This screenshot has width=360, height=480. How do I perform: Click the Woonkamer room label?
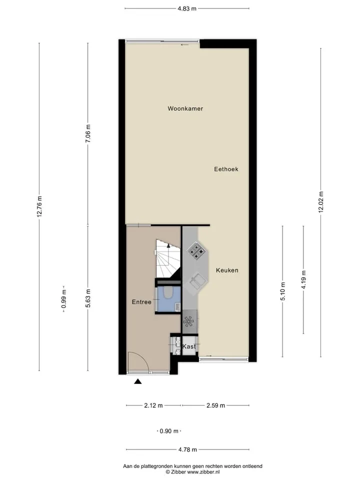[x=185, y=108]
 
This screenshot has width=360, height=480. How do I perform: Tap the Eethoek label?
[x=226, y=169]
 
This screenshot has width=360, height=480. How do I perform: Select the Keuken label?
[x=227, y=270]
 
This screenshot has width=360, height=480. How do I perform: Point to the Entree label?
[x=141, y=302]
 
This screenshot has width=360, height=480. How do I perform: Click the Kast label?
[x=189, y=346]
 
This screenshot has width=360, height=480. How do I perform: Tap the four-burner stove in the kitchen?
[x=196, y=250]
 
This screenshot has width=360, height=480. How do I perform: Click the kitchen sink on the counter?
[x=196, y=281]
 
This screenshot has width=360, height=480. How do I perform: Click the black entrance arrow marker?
[x=138, y=381]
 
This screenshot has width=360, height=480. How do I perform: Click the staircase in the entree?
[x=167, y=258]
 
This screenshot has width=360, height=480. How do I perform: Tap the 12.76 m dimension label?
[x=39, y=206]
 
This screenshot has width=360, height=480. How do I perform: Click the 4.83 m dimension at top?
[x=187, y=8]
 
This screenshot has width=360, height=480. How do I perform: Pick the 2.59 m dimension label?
[x=215, y=405]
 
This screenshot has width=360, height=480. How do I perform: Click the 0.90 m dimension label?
[x=169, y=431]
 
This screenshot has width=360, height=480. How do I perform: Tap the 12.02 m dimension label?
[x=321, y=202]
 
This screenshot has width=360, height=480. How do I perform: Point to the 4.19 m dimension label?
[x=303, y=280]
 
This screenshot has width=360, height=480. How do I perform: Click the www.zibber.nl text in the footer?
[x=203, y=472]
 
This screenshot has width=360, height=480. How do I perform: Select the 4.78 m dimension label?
[x=187, y=449]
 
